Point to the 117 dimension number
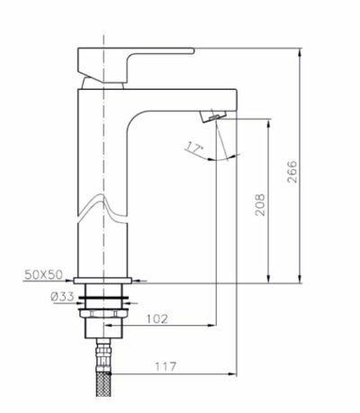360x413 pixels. [164, 366]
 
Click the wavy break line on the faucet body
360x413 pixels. [103, 208]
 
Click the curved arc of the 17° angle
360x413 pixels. [220, 157]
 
